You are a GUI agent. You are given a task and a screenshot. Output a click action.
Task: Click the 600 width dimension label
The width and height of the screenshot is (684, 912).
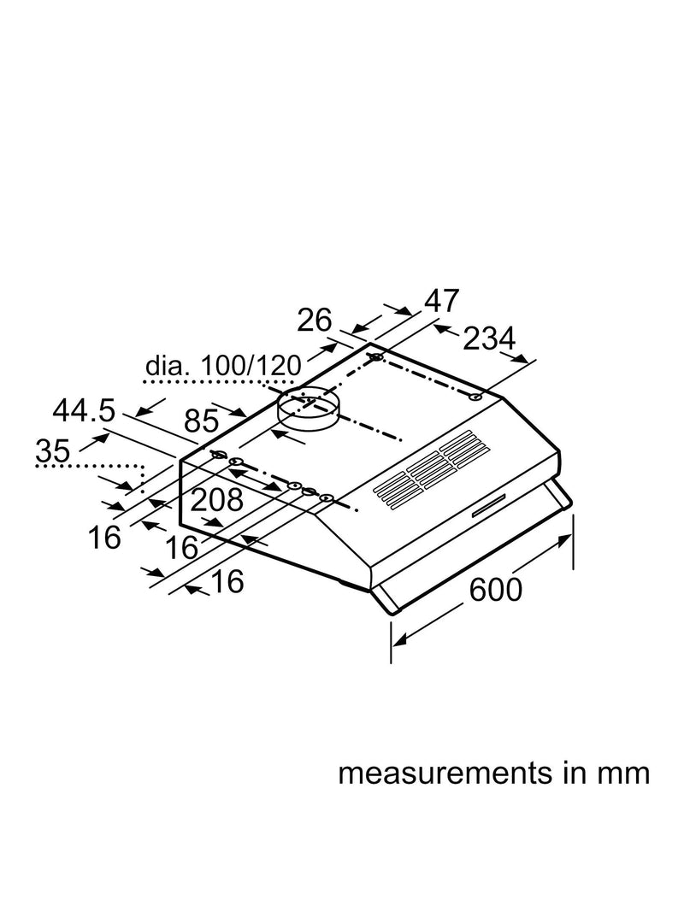point(496,590)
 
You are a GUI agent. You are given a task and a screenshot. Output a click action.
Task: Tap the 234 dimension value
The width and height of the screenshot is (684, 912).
point(489,338)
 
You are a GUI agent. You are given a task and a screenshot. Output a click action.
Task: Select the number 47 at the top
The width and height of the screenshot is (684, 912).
point(442,301)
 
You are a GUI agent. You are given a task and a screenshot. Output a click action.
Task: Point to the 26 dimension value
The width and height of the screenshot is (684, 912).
point(315,320)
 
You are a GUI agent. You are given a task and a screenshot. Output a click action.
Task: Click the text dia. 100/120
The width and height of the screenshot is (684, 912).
point(223,367)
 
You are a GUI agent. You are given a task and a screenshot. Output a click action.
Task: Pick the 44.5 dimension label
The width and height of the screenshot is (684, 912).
point(85,411)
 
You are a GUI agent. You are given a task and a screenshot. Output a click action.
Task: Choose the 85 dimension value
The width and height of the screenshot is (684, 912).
point(202,421)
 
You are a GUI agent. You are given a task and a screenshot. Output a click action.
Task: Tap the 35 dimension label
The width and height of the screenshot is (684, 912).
point(53,450)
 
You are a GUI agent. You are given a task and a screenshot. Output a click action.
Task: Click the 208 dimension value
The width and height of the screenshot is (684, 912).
point(217,500)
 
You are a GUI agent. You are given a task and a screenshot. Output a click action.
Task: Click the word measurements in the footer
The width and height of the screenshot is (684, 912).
point(445,774)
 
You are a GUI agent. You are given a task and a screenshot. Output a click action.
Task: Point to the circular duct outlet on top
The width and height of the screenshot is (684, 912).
point(307,409)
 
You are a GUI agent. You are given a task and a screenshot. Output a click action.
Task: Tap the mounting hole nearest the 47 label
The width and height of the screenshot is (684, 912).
point(377,356)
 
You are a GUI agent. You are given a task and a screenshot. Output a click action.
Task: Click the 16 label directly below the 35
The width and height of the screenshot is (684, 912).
point(104,537)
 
